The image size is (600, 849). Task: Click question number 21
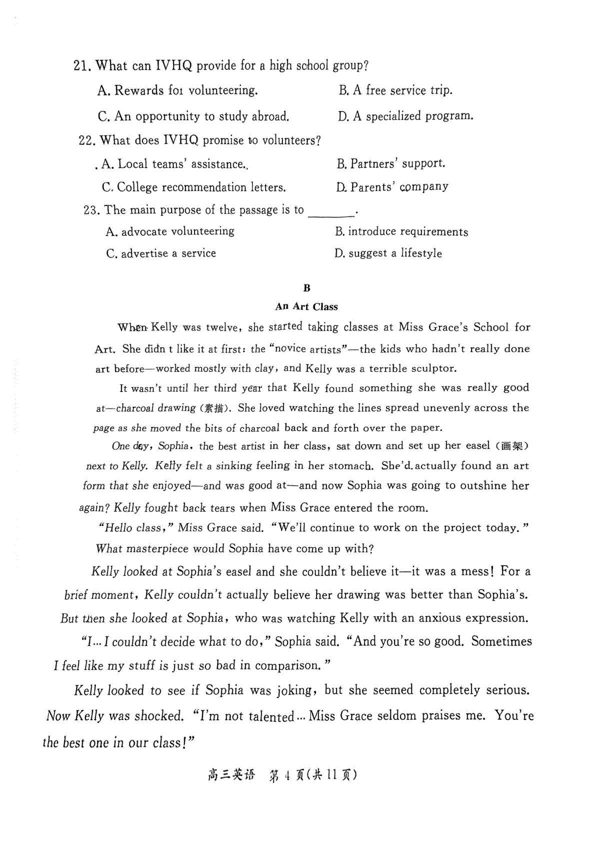point(81,65)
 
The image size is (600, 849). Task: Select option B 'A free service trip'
point(395,90)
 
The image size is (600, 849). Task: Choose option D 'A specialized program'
point(405,116)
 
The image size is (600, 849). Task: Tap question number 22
point(87,140)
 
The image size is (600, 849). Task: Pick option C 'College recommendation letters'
point(194,187)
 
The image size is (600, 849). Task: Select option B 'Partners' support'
point(390,163)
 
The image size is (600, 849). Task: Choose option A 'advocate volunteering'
point(170,231)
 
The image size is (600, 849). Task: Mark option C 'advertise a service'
point(161,253)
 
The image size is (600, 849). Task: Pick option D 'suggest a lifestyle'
point(388,253)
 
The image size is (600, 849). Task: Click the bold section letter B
point(306,288)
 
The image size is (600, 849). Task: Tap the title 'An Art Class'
point(306,307)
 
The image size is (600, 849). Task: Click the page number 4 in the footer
point(287,775)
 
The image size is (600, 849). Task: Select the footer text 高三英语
point(231,775)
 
